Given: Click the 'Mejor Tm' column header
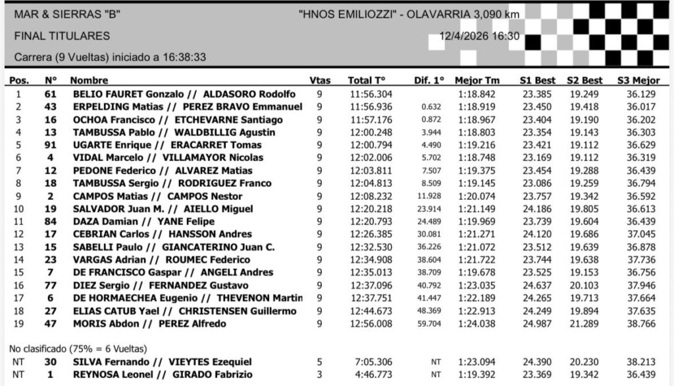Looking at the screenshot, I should pos(477,80).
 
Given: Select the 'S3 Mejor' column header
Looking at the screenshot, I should pos(638,80).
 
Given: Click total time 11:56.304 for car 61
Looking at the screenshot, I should pos(371,94).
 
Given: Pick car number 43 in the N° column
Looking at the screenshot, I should pos(50,107).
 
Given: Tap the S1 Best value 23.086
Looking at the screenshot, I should pos(537,183).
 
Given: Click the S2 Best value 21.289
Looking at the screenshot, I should pos(584,324).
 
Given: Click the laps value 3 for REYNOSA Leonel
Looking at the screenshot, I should pos(319,375).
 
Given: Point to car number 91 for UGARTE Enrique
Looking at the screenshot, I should pos(50,145).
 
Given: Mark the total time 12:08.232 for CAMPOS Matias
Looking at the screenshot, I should pos(371,196).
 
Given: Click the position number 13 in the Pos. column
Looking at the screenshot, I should pos(18,247).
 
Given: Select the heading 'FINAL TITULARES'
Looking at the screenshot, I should pos(62,36).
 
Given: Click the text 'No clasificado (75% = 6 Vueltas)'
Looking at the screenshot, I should pos(78,349).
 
